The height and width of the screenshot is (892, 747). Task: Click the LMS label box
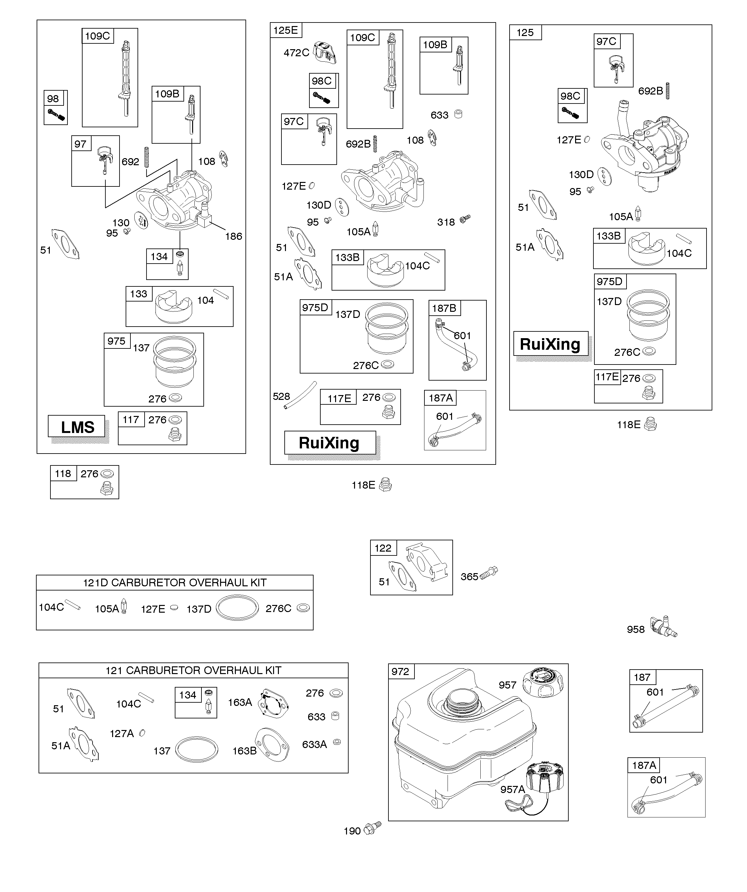click(76, 427)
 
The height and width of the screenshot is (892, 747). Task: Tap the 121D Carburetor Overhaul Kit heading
click(174, 583)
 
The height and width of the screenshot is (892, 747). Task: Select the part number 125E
click(285, 30)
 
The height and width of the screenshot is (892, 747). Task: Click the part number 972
click(400, 671)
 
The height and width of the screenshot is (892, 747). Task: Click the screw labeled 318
click(465, 219)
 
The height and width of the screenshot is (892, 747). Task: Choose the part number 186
click(234, 236)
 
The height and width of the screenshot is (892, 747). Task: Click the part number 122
click(383, 548)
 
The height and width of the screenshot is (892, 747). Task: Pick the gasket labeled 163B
click(272, 744)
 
